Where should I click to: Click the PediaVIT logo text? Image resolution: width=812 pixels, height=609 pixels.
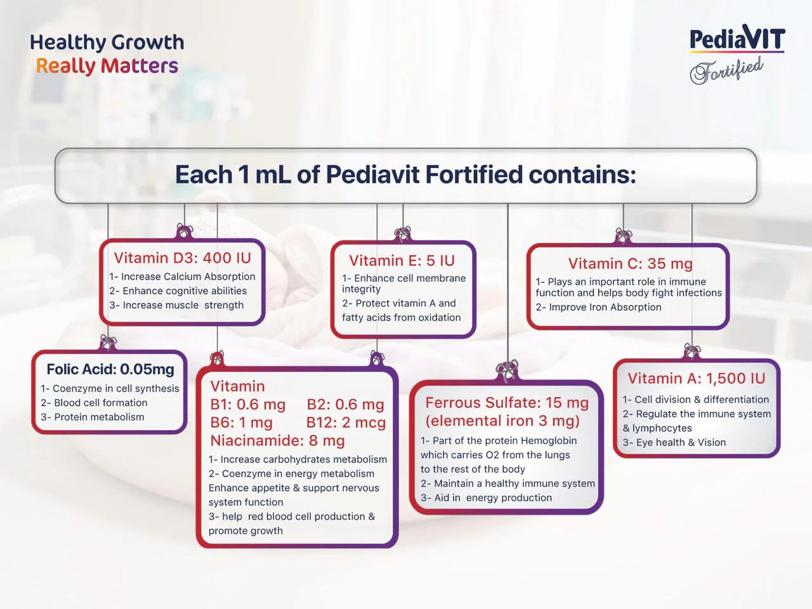point(737,39)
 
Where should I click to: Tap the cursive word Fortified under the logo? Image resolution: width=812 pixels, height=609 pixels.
point(727,70)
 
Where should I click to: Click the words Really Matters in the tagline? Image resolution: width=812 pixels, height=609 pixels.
point(107,66)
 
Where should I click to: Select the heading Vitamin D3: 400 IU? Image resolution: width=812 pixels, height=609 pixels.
point(182,258)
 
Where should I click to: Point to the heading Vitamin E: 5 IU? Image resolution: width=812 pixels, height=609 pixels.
point(402,261)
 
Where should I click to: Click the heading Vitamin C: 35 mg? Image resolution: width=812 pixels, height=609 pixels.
point(630,264)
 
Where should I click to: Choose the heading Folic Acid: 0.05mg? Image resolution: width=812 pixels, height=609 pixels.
point(110,369)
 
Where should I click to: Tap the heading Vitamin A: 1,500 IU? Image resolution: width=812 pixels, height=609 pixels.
point(696,379)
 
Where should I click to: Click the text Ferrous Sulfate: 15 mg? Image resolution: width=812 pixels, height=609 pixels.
point(507,403)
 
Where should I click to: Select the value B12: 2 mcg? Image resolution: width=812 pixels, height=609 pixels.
point(346,422)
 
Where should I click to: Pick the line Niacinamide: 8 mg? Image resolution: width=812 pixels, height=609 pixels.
point(277,440)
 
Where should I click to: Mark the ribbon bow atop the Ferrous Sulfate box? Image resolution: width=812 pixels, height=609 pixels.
point(507,371)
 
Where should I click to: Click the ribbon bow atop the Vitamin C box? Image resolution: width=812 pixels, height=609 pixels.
point(624,237)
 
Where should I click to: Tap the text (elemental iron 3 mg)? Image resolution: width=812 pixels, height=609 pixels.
point(502,421)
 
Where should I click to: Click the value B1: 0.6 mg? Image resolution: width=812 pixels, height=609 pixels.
point(247,405)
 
